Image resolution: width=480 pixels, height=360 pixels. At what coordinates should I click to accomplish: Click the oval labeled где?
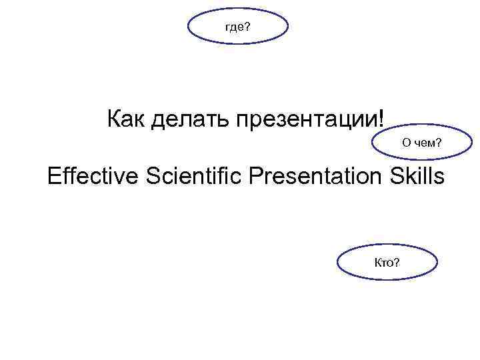(x=239, y=27)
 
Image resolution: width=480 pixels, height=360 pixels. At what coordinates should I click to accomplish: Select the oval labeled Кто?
(x=387, y=262)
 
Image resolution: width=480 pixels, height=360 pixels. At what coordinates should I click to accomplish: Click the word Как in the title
(x=127, y=120)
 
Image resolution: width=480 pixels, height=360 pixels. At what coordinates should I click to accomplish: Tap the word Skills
(x=415, y=176)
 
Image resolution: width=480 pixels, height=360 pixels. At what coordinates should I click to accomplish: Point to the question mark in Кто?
(x=397, y=262)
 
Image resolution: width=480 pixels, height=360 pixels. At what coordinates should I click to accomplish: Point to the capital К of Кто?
(x=379, y=262)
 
